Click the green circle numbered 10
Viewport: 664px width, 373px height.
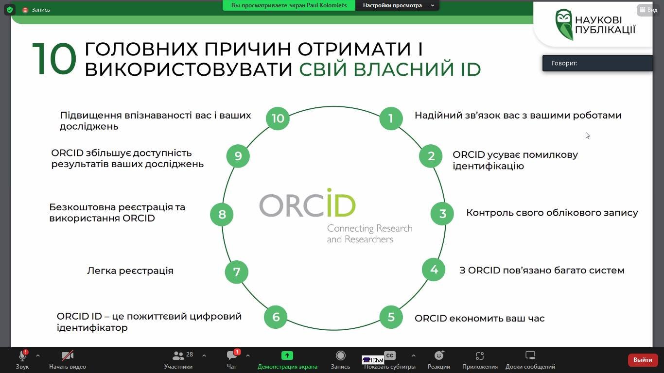[278, 118]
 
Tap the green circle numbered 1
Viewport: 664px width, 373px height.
[391, 118]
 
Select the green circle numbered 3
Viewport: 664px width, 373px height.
[442, 214]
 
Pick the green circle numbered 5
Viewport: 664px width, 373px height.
[391, 317]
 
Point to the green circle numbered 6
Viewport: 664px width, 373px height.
[276, 317]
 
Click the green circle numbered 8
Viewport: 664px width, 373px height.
[222, 214]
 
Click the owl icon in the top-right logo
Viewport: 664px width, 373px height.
[563, 24]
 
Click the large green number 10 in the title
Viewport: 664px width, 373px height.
[54, 59]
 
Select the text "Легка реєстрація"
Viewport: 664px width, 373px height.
[130, 271]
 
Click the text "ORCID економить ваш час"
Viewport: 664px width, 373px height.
[480, 319]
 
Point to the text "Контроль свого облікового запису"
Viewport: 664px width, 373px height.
[552, 213]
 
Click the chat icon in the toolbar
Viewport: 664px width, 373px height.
[231, 355]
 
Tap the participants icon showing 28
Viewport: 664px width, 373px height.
[178, 356]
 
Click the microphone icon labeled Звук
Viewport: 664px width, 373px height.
[22, 356]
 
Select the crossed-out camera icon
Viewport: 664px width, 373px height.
[67, 356]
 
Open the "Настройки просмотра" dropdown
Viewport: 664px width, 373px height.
[398, 5]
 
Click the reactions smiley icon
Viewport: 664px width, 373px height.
[439, 355]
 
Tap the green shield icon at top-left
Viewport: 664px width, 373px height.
[10, 10]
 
